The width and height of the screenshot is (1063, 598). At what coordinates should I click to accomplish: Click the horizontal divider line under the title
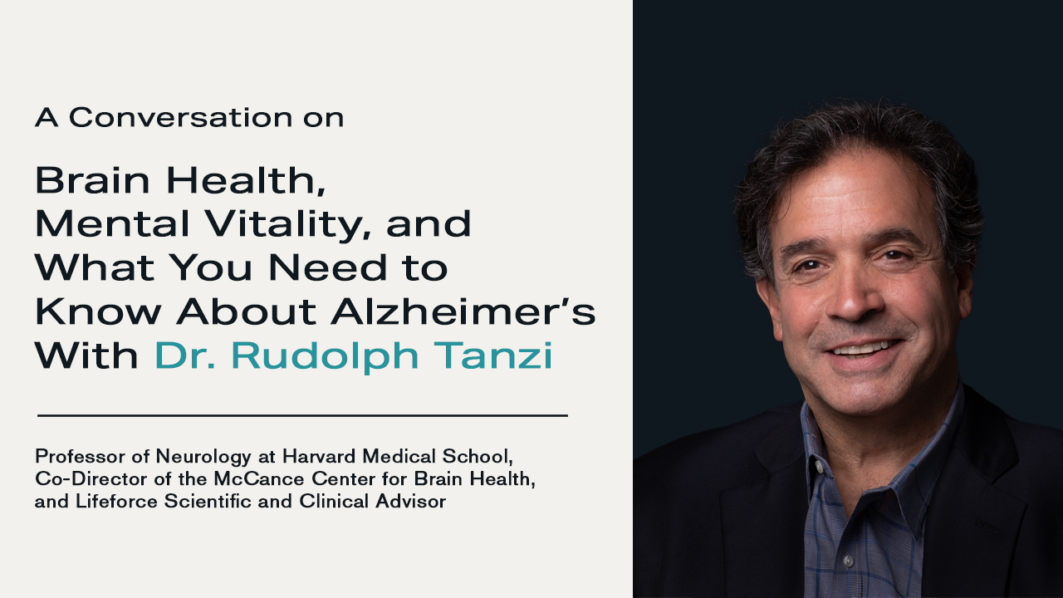tap(302, 414)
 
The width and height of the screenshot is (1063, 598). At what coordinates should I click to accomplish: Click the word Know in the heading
tap(79, 311)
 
